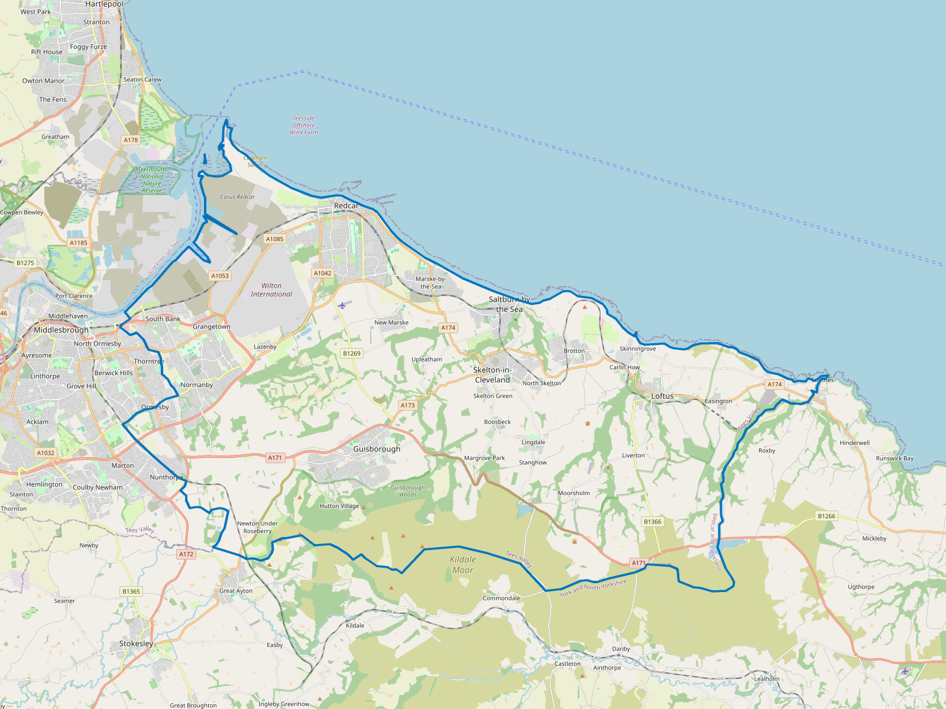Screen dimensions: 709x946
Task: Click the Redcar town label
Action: coord(346,206)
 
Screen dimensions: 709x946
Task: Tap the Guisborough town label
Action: coord(377,449)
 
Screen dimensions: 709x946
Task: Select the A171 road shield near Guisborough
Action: coord(275,457)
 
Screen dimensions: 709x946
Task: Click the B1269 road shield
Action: coord(351,353)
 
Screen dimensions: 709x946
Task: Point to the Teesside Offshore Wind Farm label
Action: coord(303,125)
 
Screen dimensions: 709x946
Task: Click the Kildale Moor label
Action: coord(462,565)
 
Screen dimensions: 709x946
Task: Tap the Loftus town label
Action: coord(662,396)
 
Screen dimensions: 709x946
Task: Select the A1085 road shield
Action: coord(274,239)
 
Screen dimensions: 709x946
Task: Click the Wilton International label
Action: coord(271,290)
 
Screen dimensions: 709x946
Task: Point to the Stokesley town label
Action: coord(136,643)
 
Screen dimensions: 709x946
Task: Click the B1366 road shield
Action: coord(652,522)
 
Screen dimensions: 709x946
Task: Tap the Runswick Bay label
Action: coord(895,458)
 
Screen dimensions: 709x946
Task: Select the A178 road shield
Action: coord(131,140)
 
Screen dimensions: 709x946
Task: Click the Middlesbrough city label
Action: coord(61,330)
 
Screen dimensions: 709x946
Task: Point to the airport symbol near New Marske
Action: coord(342,305)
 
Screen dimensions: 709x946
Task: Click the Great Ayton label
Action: coord(236,591)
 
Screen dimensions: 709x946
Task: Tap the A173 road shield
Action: coord(407,405)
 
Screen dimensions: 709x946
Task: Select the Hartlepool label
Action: coord(104,4)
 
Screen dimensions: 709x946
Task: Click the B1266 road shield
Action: coord(826,516)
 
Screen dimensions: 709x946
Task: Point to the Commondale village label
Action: coord(501,598)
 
